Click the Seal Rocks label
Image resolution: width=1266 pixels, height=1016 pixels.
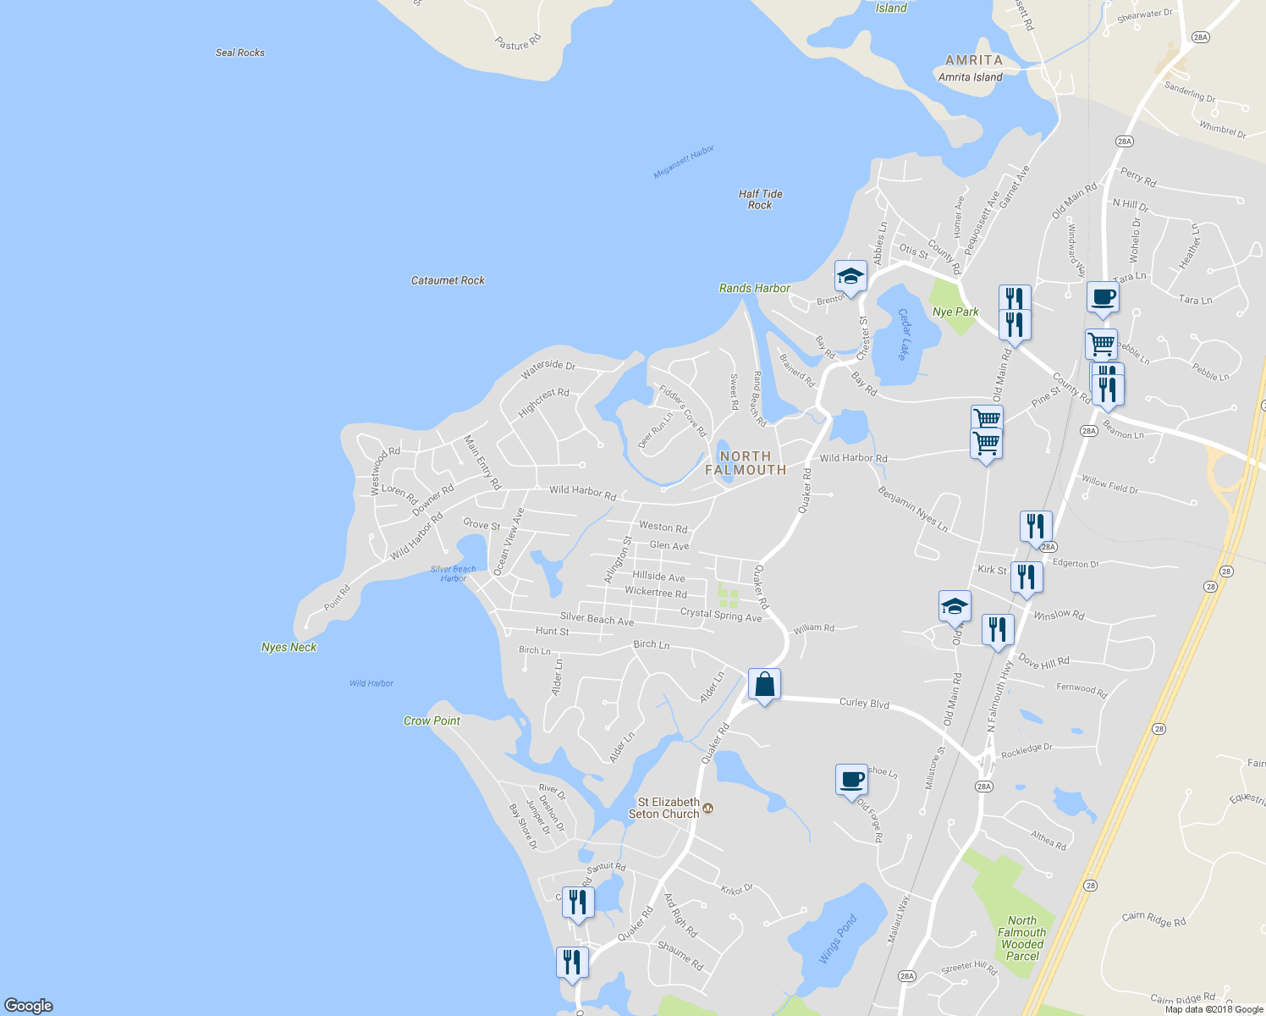pyautogui.click(x=240, y=52)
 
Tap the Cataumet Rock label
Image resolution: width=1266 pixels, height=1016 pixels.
pyautogui.click(x=448, y=280)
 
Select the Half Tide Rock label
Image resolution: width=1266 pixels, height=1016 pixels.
pyautogui.click(x=760, y=199)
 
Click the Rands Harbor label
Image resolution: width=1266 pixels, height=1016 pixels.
pyautogui.click(x=754, y=288)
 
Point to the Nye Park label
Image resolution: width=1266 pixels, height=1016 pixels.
pyautogui.click(x=955, y=312)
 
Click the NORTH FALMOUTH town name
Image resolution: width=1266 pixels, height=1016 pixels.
pyautogui.click(x=746, y=462)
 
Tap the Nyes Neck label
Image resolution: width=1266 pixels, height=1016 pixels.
pyautogui.click(x=289, y=647)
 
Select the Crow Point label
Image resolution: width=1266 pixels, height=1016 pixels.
pyautogui.click(x=432, y=721)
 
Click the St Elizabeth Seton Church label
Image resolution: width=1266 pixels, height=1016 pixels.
pyautogui.click(x=669, y=808)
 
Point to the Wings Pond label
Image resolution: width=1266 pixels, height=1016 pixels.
pyautogui.click(x=838, y=938)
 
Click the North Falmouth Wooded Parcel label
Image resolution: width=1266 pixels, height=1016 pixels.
pyautogui.click(x=1021, y=938)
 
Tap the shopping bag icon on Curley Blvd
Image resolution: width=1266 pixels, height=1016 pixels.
pyautogui.click(x=764, y=685)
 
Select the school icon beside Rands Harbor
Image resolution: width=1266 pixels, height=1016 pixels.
pyautogui.click(x=850, y=277)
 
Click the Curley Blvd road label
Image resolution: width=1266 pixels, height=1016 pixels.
pyautogui.click(x=864, y=703)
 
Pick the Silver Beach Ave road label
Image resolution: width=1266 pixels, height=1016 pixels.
pyautogui.click(x=597, y=619)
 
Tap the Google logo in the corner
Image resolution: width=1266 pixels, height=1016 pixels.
pyautogui.click(x=29, y=1005)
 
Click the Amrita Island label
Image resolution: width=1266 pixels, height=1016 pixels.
pyautogui.click(x=971, y=77)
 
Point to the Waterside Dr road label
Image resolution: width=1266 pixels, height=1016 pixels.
pyautogui.click(x=548, y=369)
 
